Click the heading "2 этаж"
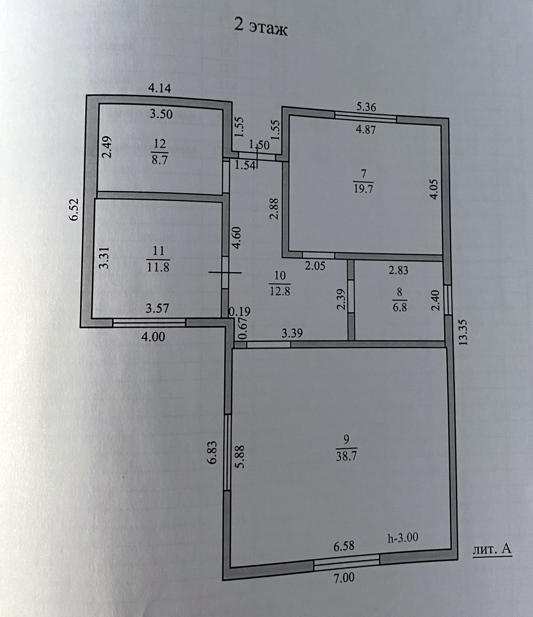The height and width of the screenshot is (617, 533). pos(261,28)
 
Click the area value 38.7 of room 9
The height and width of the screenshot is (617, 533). pos(346,465)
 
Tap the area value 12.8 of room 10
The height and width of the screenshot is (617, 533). pos(280,290)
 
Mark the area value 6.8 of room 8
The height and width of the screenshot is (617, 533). pos(399,307)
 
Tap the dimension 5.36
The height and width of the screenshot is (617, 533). pos(366,107)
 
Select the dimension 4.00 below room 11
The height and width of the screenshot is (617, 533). pos(153,337)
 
